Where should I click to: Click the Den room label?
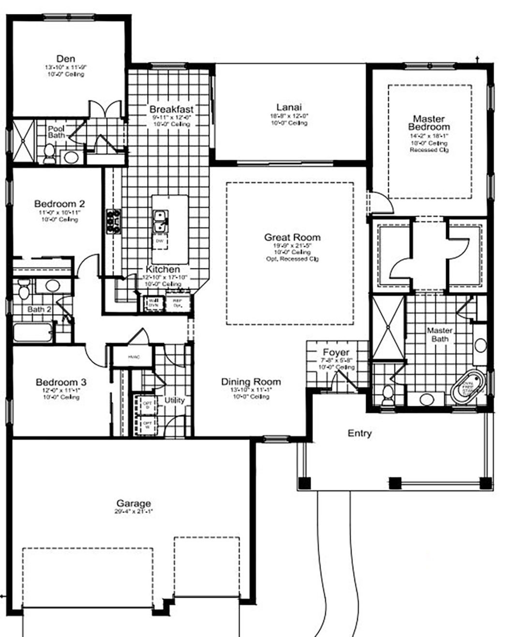tap(66, 59)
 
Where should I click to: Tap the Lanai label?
tap(289, 107)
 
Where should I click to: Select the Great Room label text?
tap(292, 237)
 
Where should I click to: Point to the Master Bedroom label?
tap(429, 122)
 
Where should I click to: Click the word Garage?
tap(133, 503)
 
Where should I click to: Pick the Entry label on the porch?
tap(359, 433)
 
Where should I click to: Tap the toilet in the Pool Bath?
tap(49, 153)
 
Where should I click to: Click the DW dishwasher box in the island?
tap(160, 241)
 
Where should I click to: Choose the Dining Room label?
tap(251, 382)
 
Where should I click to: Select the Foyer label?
tap(336, 352)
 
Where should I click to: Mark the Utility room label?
tap(175, 400)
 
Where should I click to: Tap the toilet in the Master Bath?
tap(388, 395)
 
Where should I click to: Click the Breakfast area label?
tap(171, 109)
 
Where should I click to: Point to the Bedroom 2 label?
tap(60, 204)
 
